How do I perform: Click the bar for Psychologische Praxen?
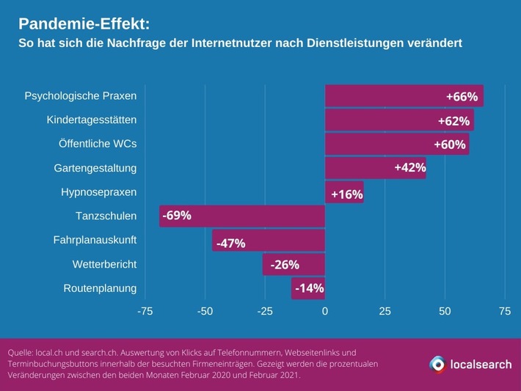click(404, 96)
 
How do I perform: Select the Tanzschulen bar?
click(242, 216)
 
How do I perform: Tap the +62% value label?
click(453, 120)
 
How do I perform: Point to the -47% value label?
click(230, 243)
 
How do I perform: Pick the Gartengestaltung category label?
click(95, 168)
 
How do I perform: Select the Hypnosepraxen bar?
click(344, 192)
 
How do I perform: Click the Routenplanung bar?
click(308, 288)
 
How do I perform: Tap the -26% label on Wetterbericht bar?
click(285, 265)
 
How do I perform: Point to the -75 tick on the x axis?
click(145, 311)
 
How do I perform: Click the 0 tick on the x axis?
click(325, 311)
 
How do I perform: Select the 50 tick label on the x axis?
click(445, 311)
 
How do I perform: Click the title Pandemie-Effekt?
click(84, 23)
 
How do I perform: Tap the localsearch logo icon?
click(437, 364)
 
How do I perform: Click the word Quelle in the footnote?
click(20, 353)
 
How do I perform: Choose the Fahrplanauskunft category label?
click(95, 240)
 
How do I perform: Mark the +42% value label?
click(409, 168)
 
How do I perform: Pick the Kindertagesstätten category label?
click(91, 120)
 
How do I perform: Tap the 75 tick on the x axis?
click(505, 311)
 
